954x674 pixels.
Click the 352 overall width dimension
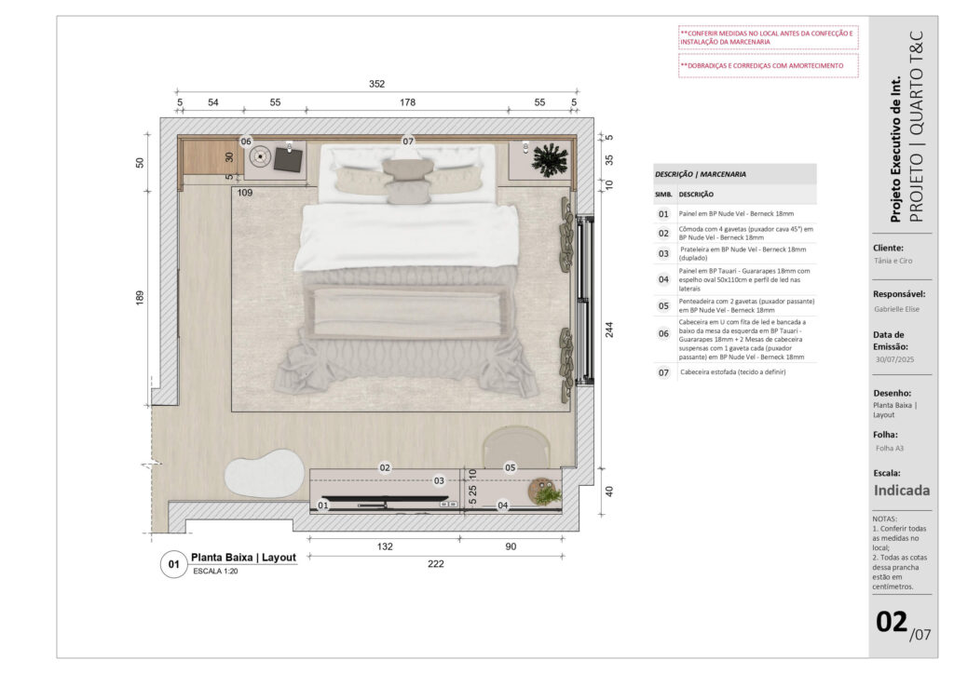pyautogui.click(x=376, y=84)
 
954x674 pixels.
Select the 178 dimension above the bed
pyautogui.click(x=408, y=102)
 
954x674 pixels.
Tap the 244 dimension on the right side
pyautogui.click(x=609, y=330)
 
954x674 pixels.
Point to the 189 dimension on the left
pyautogui.click(x=140, y=297)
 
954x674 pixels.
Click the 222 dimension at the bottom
pyautogui.click(x=436, y=564)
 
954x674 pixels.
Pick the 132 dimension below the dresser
pyautogui.click(x=385, y=546)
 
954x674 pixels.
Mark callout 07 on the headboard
pyautogui.click(x=408, y=141)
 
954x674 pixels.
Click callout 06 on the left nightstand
pyautogui.click(x=246, y=142)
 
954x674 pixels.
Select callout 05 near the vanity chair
pyautogui.click(x=510, y=467)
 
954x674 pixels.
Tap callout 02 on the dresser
pyautogui.click(x=385, y=467)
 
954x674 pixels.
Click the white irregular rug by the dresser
pyautogui.click(x=264, y=474)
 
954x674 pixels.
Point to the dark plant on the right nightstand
pyautogui.click(x=550, y=160)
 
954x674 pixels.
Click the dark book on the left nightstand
pyautogui.click(x=288, y=160)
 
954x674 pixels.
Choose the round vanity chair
pyautogui.click(x=516, y=447)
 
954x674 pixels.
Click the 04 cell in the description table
pyautogui.click(x=663, y=279)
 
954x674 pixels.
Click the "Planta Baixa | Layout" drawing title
pyautogui.click(x=243, y=558)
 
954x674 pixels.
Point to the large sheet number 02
pyautogui.click(x=892, y=622)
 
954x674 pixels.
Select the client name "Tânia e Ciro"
pyautogui.click(x=893, y=261)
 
